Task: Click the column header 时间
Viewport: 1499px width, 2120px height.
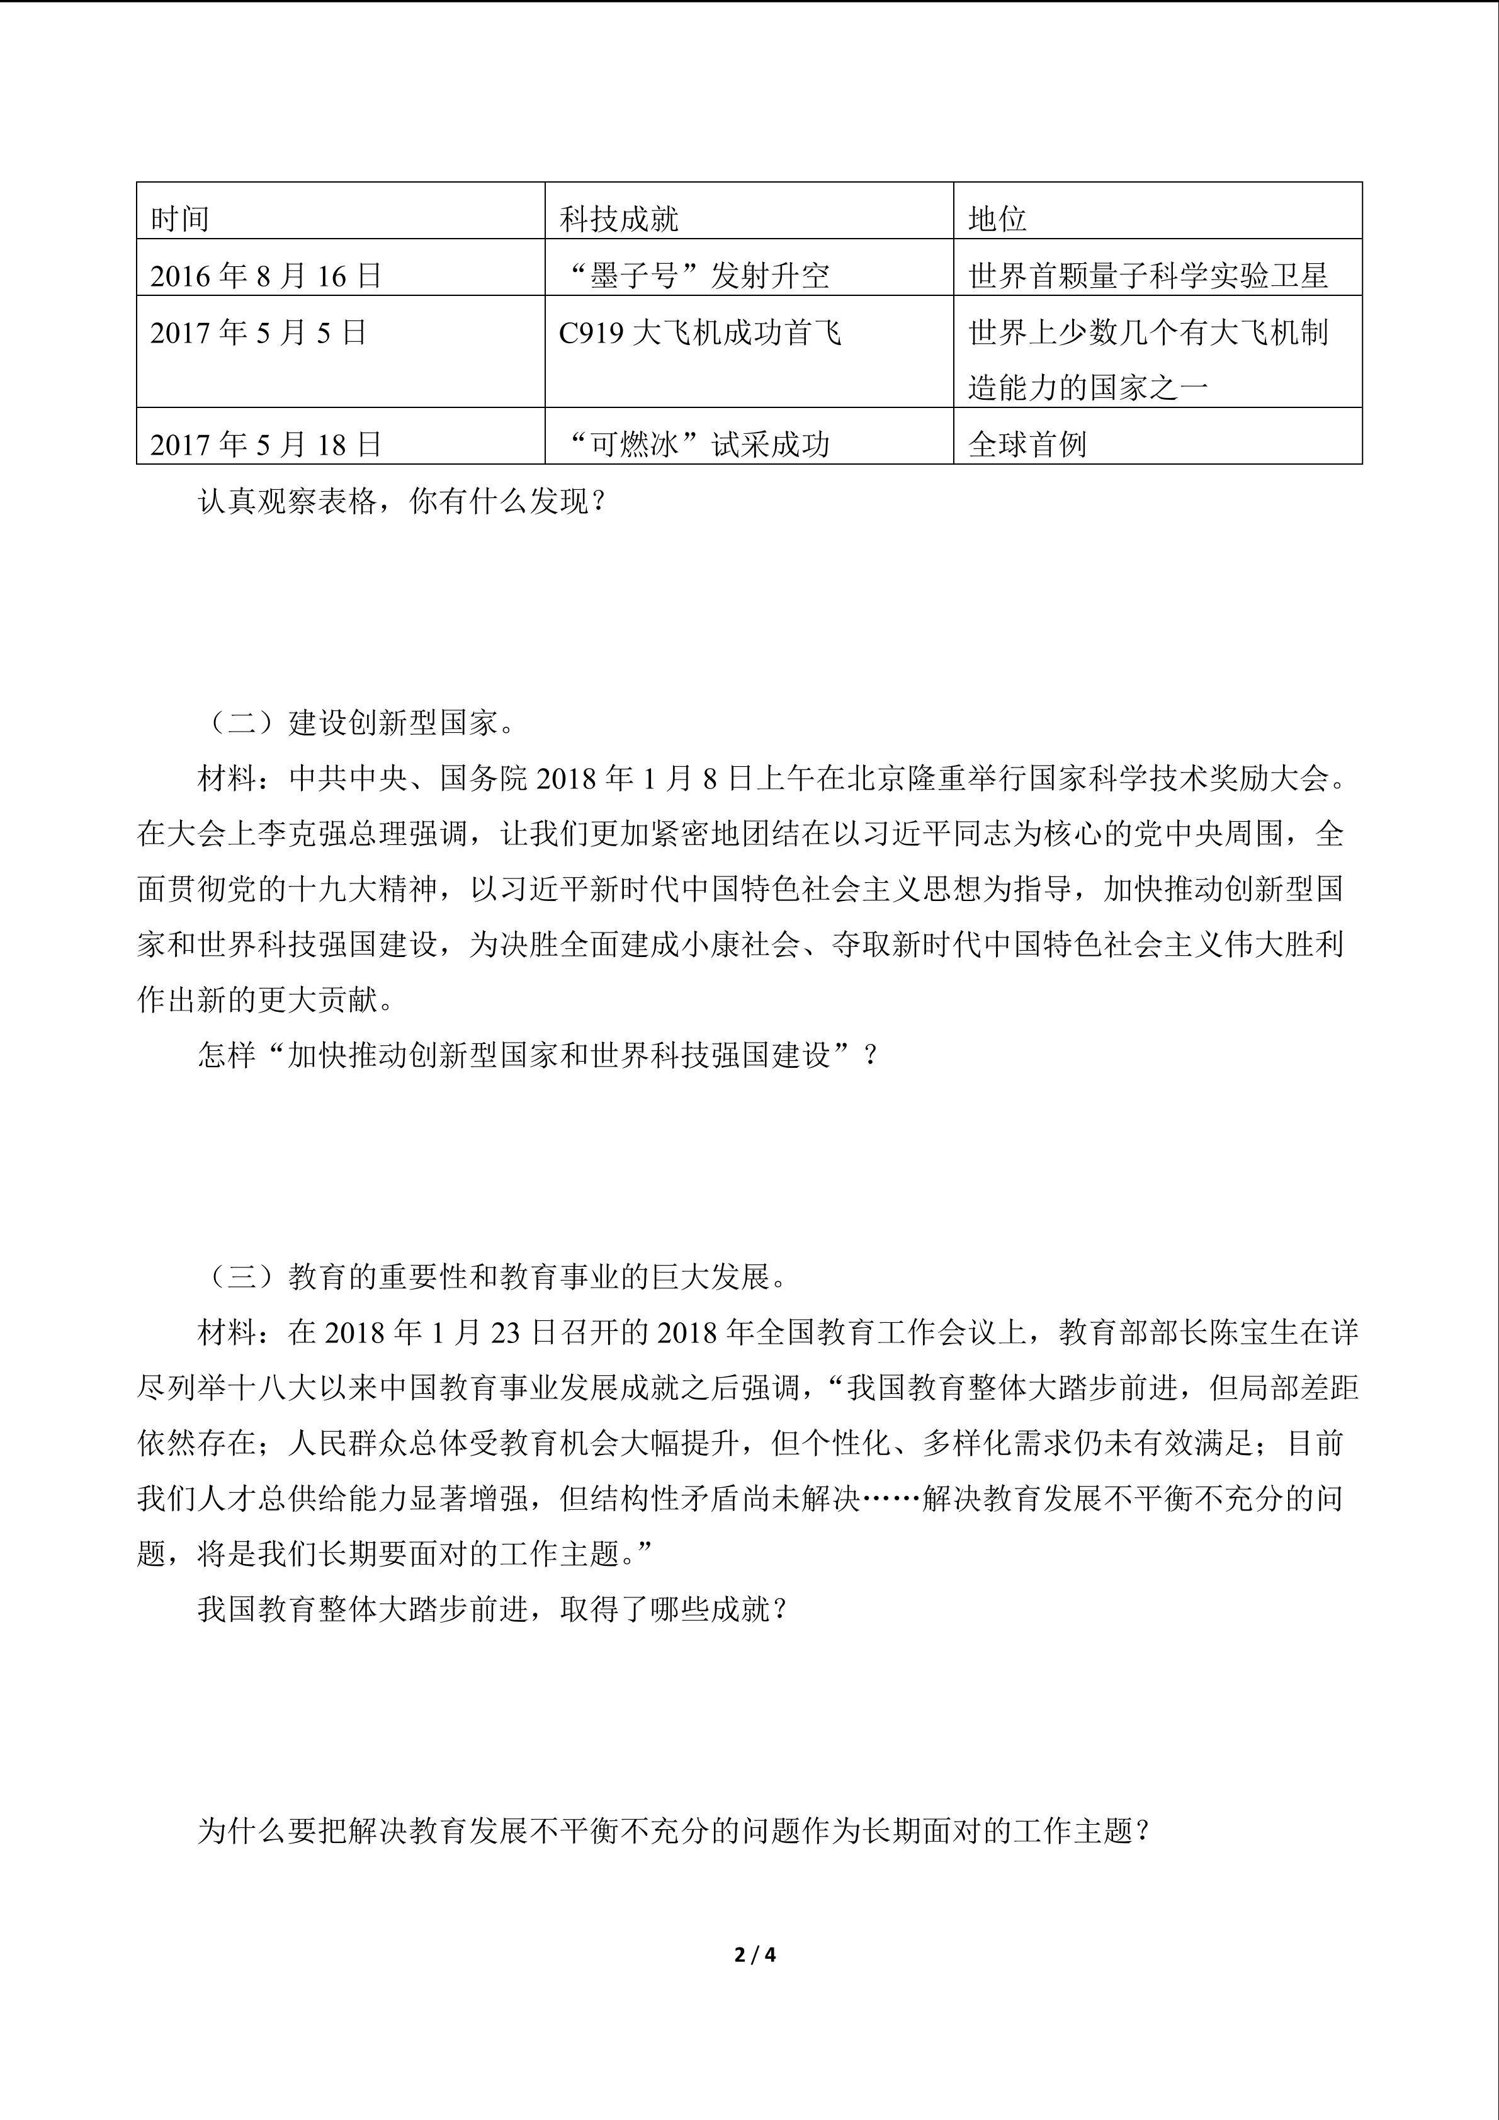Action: pos(180,219)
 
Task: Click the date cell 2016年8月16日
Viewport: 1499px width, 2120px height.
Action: pos(266,275)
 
